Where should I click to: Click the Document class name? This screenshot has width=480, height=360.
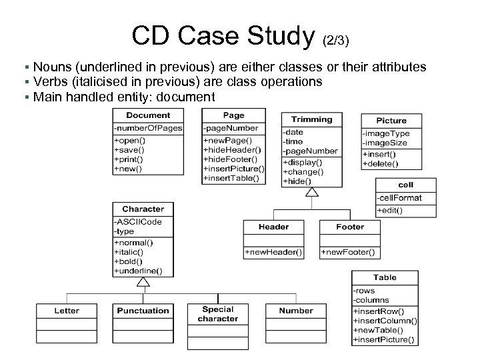pyautogui.click(x=148, y=115)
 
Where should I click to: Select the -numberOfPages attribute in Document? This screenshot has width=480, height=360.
pyautogui.click(x=148, y=128)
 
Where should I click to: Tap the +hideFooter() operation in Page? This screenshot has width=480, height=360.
pyautogui.click(x=228, y=159)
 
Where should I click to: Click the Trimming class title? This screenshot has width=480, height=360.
pyautogui.click(x=312, y=119)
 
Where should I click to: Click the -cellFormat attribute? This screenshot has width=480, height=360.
pyautogui.click(x=400, y=197)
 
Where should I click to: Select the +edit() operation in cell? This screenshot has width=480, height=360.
pyautogui.click(x=390, y=211)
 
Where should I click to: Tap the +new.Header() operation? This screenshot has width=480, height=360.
pyautogui.click(x=274, y=253)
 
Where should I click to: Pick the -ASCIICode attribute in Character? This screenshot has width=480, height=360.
pyautogui.click(x=138, y=222)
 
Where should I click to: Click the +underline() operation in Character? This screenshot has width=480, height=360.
pyautogui.click(x=139, y=271)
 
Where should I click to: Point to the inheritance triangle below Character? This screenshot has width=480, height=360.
pyautogui.click(x=143, y=283)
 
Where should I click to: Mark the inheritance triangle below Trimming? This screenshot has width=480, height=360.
pyautogui.click(x=311, y=193)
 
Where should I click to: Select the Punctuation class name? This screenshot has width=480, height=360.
pyautogui.click(x=143, y=311)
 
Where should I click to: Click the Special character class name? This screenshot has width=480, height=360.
pyautogui.click(x=218, y=313)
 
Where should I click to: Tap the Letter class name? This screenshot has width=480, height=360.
pyautogui.click(x=67, y=311)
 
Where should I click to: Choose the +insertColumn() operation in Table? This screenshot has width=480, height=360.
pyautogui.click(x=385, y=320)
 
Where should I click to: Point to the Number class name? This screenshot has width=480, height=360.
pyautogui.click(x=296, y=311)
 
